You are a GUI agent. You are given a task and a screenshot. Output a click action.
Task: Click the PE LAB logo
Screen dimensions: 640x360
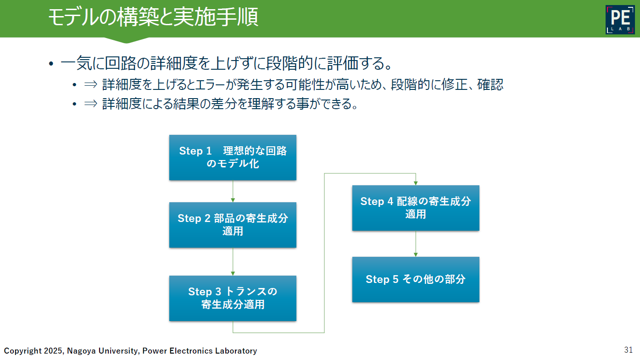[620, 19]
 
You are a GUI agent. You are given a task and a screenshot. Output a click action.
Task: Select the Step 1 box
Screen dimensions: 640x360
[233, 157]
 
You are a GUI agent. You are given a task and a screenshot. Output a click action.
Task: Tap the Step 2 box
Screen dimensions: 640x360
[233, 225]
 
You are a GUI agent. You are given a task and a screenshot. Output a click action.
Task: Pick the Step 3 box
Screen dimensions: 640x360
[233, 299]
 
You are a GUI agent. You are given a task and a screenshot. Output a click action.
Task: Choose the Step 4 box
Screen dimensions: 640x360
[416, 208]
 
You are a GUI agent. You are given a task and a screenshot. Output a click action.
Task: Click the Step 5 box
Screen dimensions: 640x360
[416, 279]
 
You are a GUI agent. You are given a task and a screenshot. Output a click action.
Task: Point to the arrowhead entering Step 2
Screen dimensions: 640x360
[233, 200]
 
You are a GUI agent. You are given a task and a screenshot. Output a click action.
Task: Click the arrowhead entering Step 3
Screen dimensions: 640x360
[233, 274]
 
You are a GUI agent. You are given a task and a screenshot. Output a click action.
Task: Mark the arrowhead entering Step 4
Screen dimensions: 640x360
[416, 183]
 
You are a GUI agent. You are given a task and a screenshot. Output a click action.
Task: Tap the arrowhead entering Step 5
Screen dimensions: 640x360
[416, 255]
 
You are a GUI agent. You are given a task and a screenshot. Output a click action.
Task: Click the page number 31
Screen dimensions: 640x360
[628, 350]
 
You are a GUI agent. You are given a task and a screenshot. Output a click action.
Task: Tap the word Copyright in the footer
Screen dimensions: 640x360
[23, 351]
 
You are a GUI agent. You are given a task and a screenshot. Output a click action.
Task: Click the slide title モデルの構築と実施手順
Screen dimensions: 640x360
[153, 17]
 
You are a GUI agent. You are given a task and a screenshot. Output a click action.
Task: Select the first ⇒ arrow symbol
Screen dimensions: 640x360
[91, 84]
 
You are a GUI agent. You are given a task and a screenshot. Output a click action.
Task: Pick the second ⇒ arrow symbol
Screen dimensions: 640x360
[91, 104]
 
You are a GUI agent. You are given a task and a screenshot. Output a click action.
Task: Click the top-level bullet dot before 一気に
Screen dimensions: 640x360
[51, 63]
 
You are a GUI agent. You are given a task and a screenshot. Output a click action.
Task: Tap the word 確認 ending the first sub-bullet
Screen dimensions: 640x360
[490, 84]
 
